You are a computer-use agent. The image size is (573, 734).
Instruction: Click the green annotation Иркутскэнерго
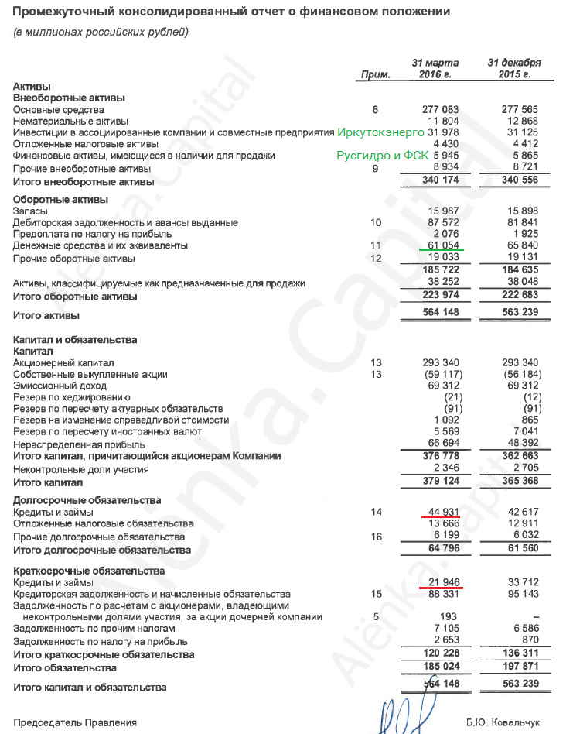[x=380, y=132]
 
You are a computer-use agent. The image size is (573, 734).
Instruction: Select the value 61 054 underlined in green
[x=442, y=245]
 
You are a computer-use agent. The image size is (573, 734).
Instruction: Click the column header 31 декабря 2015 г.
[x=514, y=68]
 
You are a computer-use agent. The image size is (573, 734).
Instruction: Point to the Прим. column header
[x=376, y=74]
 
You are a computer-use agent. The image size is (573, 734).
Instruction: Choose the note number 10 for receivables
[x=376, y=223]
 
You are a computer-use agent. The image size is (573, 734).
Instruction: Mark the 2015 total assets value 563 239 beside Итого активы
[x=519, y=315]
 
